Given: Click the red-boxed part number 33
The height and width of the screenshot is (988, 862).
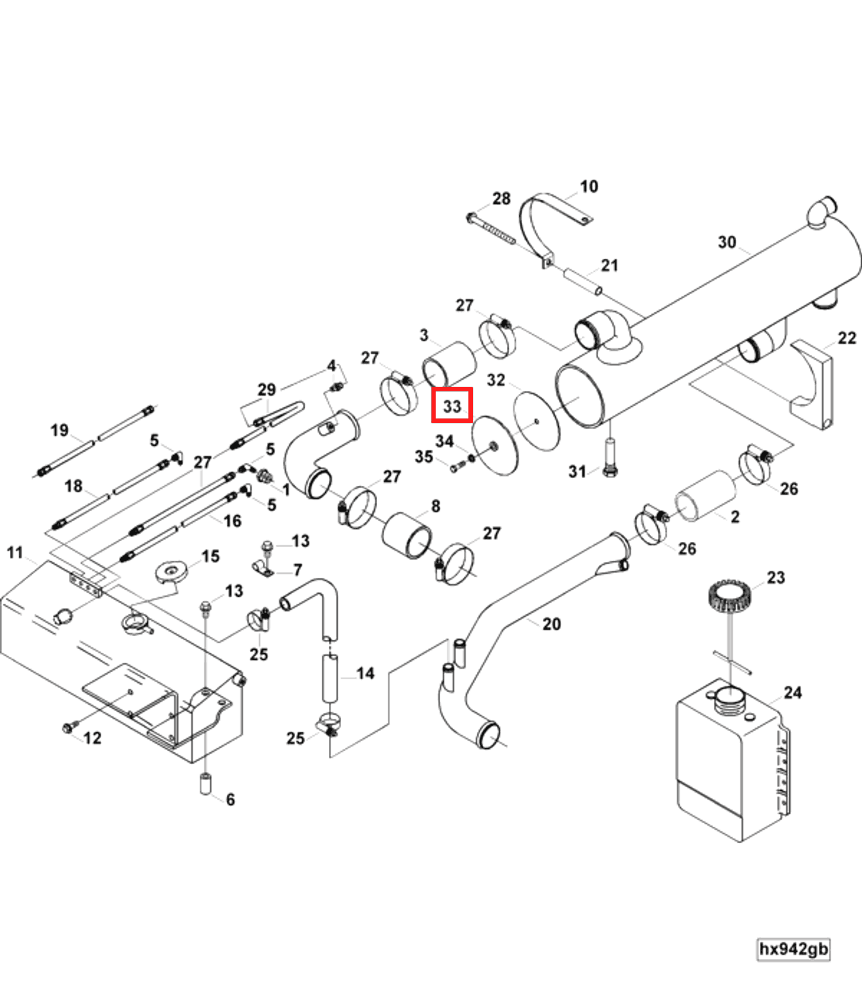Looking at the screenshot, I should point(452,406).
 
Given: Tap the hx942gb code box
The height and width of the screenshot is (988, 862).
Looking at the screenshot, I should point(793,948).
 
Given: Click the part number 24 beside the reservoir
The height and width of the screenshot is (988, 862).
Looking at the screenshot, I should point(793,693).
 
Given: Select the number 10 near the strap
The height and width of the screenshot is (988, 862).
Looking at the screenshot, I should point(589,186).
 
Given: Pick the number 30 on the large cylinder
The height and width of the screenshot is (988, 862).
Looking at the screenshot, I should point(727,242).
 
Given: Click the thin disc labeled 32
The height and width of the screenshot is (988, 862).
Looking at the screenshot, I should point(536,421).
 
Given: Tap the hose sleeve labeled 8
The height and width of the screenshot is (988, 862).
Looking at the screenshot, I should point(407,535).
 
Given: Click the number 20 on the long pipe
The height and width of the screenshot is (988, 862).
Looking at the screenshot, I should point(552,624).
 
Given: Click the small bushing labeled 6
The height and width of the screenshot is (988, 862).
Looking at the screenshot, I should point(205,784).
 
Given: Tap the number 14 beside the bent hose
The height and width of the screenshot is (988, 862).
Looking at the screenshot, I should point(365,673).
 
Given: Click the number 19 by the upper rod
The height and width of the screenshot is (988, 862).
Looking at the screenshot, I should point(60,430).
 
